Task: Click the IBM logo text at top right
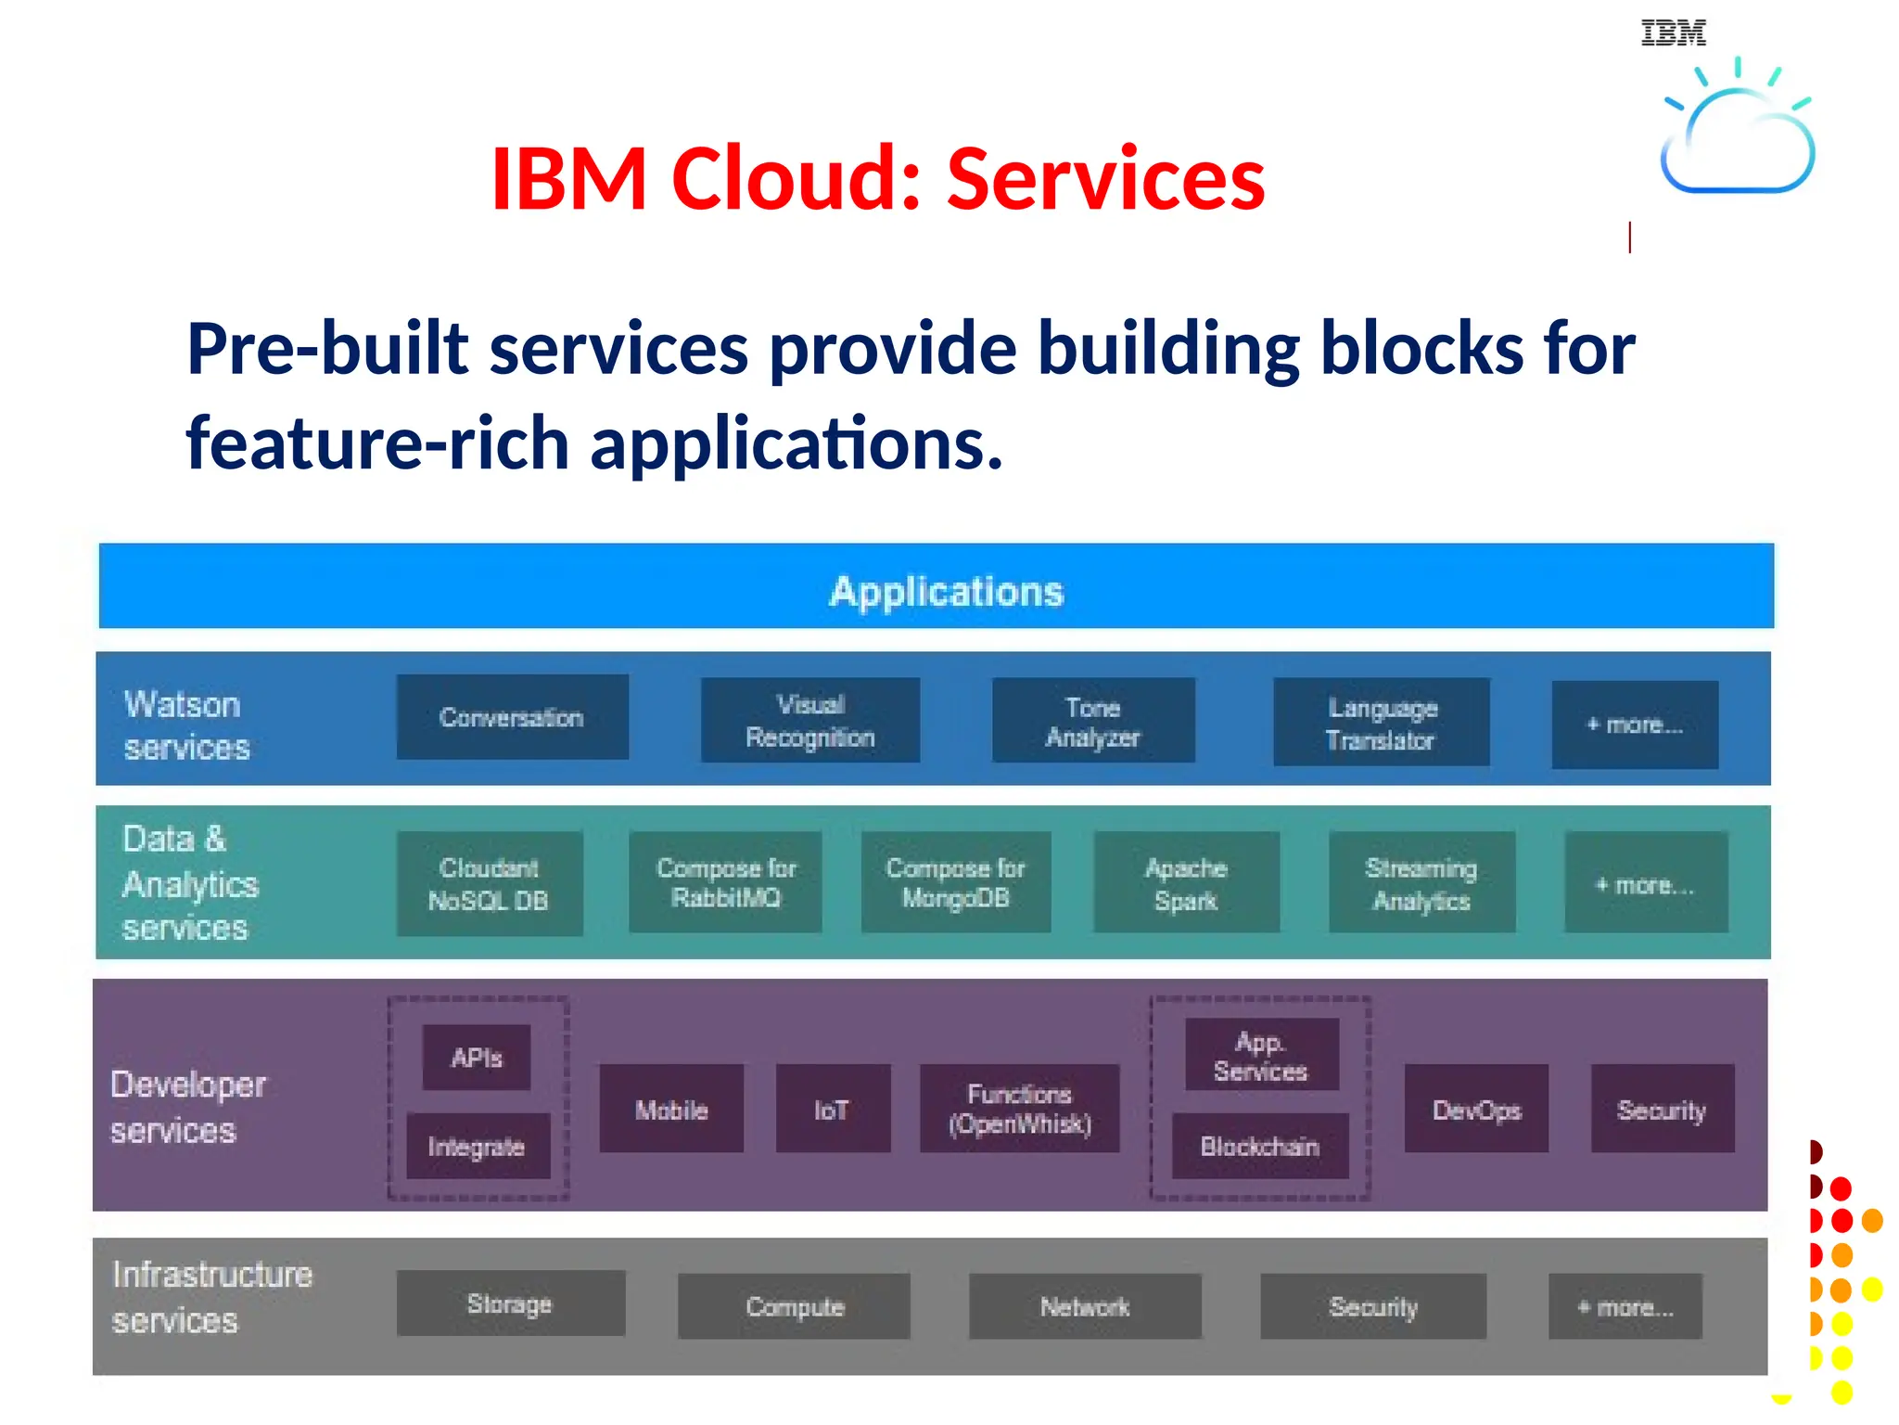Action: [1673, 33]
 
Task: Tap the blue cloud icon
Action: [1737, 139]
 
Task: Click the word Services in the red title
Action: [1105, 178]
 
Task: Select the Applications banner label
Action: [946, 591]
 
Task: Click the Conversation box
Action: [512, 717]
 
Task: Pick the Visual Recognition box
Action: [810, 720]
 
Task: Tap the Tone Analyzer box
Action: [1093, 721]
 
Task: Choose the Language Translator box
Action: [1381, 723]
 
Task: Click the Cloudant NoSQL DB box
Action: [489, 883]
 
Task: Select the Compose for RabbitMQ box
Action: [725, 882]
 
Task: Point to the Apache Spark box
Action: [1186, 883]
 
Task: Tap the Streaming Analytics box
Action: [1421, 883]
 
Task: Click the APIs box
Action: [477, 1057]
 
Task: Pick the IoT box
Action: [832, 1110]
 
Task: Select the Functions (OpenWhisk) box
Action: [1019, 1109]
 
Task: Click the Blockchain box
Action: [1259, 1147]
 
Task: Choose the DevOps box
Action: [1476, 1110]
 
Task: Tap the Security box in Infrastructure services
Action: [1372, 1306]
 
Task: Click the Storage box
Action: [510, 1303]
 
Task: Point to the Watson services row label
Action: [186, 725]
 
